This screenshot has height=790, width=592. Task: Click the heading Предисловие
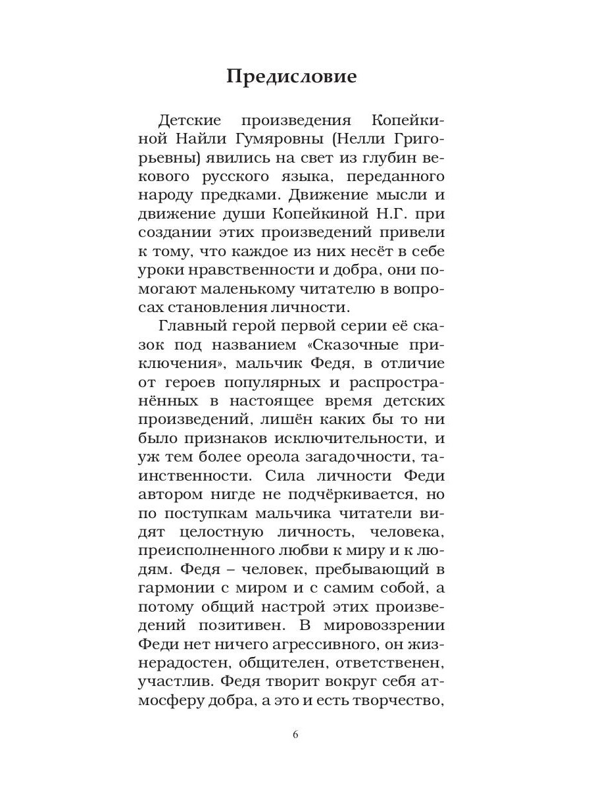291,76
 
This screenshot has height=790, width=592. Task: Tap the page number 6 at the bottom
295,735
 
